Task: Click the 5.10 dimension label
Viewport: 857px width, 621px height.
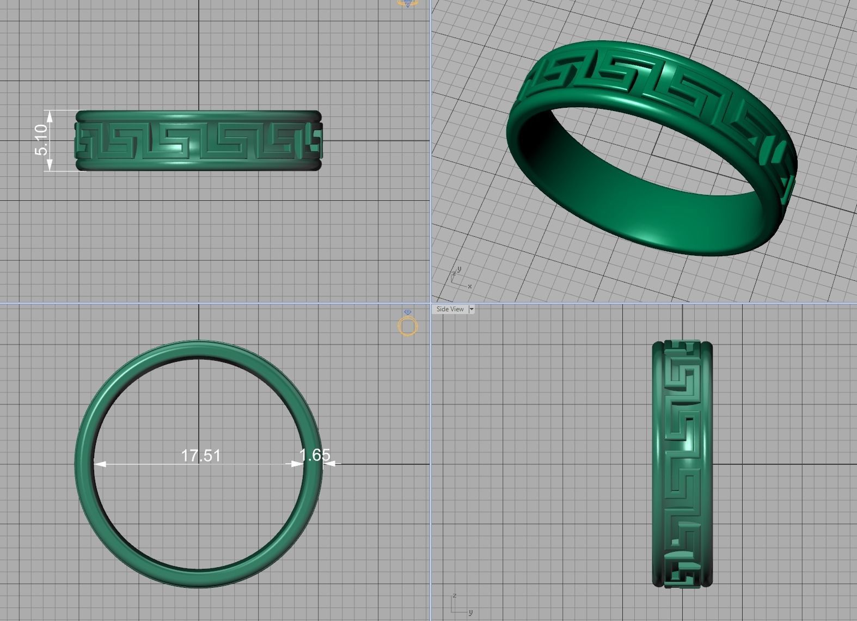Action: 41,140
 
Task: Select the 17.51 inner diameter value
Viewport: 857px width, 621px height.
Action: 200,455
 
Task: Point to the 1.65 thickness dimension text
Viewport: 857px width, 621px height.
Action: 315,454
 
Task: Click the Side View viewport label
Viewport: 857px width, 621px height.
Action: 450,309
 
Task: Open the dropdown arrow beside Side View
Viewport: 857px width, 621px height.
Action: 472,309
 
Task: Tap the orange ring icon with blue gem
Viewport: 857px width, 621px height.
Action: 408,324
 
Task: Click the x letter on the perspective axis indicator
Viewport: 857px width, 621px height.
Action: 470,286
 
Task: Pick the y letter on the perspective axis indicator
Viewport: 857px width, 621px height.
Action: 460,269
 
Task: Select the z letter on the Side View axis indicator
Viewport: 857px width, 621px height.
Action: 454,595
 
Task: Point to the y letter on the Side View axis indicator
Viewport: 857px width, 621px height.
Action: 470,613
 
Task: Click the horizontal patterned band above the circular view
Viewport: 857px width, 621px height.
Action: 198,141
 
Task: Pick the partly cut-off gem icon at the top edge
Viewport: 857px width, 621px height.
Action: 407,3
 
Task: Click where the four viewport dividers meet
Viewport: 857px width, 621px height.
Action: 431,303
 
